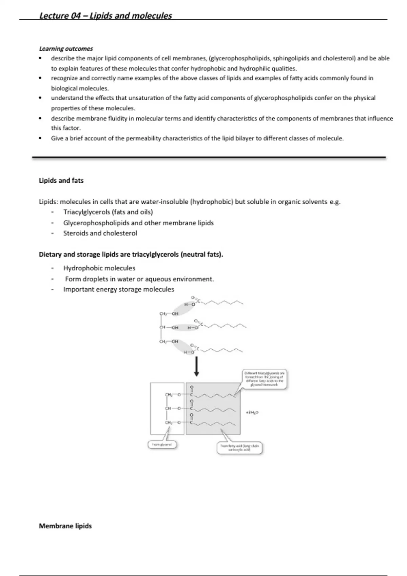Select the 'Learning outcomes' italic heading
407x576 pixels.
pos(66,48)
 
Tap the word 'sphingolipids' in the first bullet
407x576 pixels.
pos(291,58)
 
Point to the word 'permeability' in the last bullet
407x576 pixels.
pos(143,138)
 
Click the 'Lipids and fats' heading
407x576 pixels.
pos(61,181)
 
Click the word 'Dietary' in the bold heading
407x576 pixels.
pos(50,254)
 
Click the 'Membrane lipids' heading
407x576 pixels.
pos(65,526)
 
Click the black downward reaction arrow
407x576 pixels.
pos(196,367)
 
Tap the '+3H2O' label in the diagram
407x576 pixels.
pos(252,412)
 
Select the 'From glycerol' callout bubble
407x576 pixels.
pos(162,445)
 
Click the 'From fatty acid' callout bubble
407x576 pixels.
pos(239,448)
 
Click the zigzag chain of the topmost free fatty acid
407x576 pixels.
pos(224,302)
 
